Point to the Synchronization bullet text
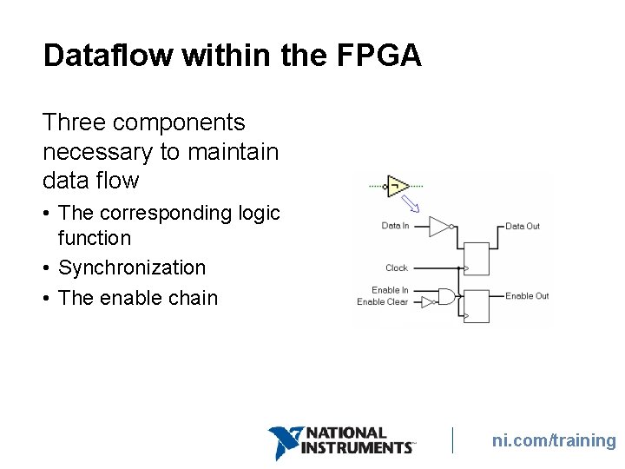(x=132, y=268)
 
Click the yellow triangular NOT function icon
(x=398, y=185)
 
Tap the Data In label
(x=395, y=226)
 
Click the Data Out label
(x=523, y=226)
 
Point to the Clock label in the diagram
(x=397, y=268)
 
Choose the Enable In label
(x=390, y=290)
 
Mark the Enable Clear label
(x=382, y=301)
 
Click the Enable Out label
(x=527, y=296)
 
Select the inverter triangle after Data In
(x=441, y=226)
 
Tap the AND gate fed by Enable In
(x=446, y=296)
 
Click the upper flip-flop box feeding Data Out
(x=477, y=258)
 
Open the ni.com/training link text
(x=554, y=440)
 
